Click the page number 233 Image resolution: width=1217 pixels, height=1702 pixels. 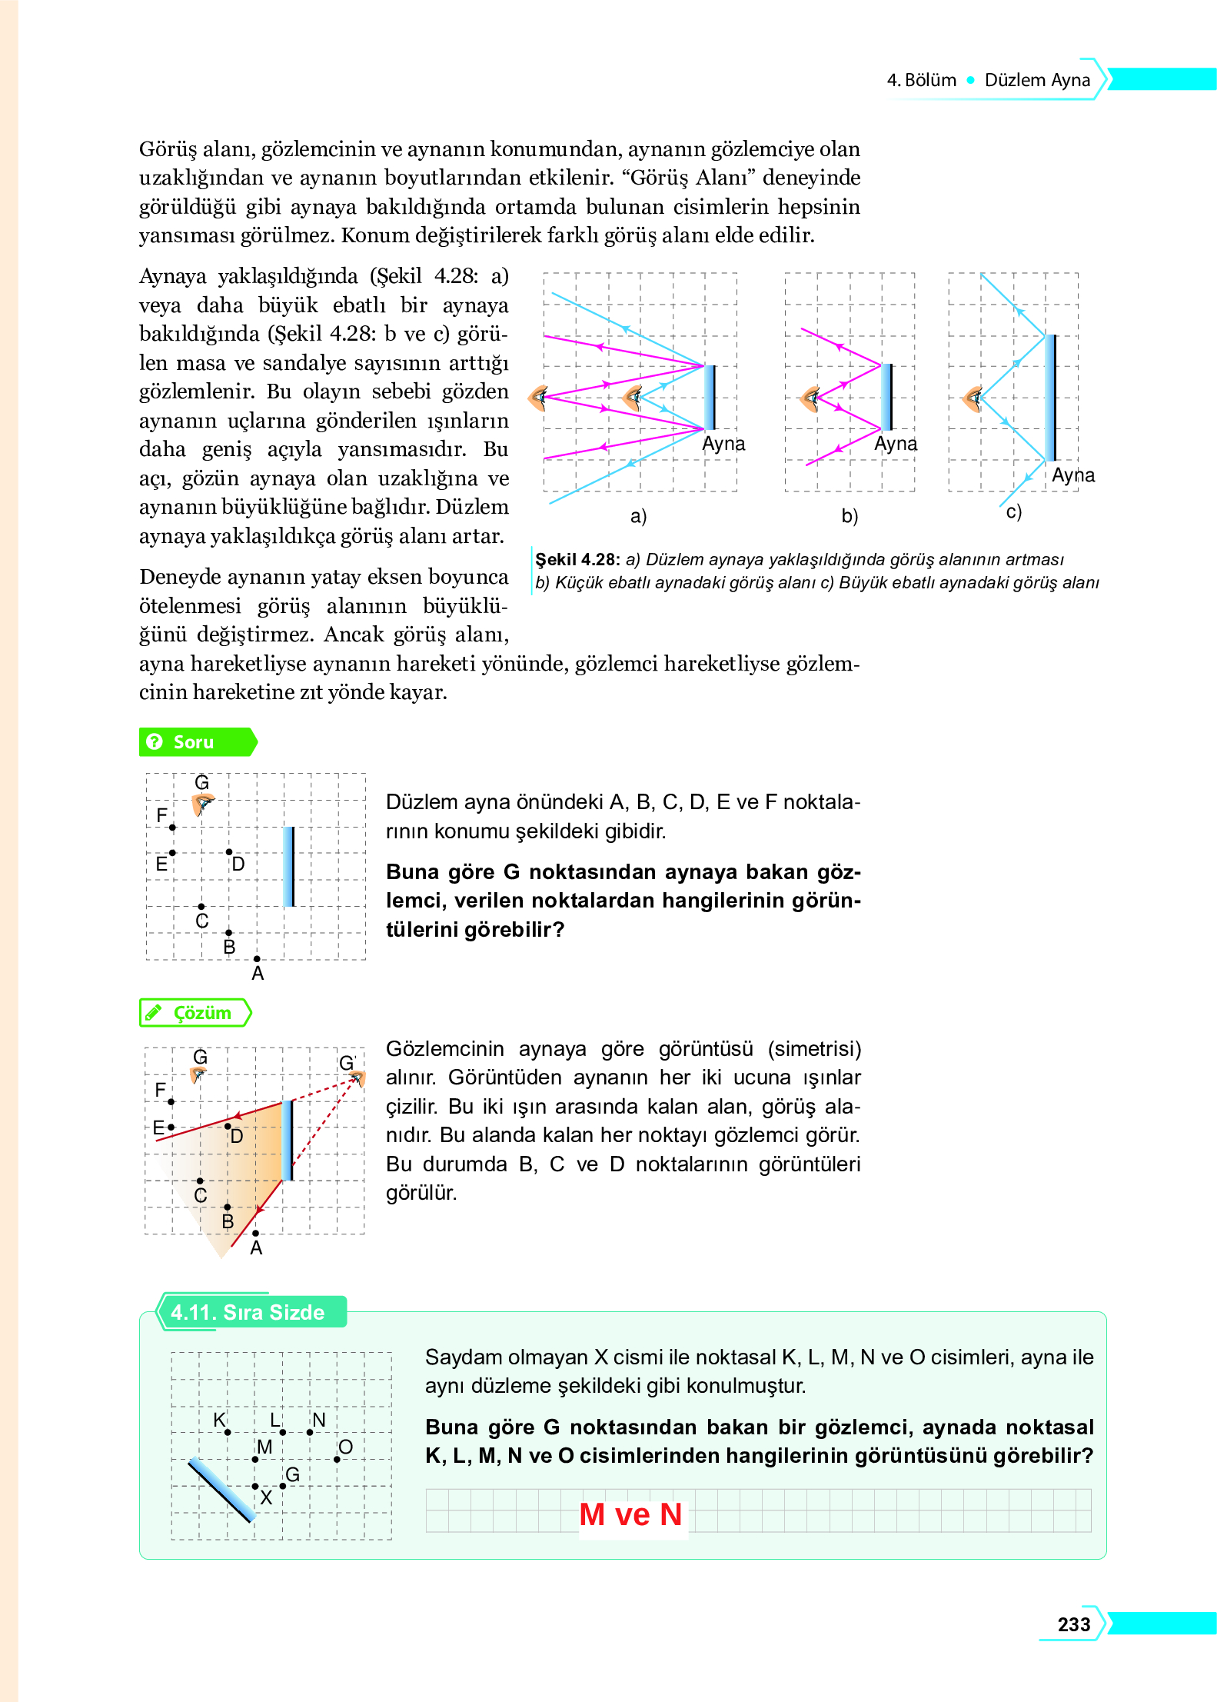point(1073,1624)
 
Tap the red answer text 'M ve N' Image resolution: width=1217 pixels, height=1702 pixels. point(630,1514)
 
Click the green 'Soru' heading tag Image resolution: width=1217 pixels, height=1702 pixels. point(194,742)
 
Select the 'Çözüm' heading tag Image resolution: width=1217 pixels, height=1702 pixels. point(201,1013)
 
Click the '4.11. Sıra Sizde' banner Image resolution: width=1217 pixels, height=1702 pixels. point(248,1312)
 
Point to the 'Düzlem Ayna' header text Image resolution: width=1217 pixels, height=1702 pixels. point(1037,80)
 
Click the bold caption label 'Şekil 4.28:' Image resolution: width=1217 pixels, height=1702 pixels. point(577,559)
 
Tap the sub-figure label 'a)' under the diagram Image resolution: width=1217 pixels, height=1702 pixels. point(638,516)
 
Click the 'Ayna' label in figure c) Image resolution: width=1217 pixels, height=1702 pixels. point(1073,475)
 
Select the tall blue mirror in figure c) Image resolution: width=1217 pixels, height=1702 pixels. point(1050,398)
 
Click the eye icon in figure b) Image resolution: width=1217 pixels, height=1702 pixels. point(810,398)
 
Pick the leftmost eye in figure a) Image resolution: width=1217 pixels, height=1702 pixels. point(538,398)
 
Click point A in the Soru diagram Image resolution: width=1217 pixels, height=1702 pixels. point(257,959)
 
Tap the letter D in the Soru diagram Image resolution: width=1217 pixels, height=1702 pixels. point(238,864)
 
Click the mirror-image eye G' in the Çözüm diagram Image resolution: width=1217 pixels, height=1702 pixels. point(357,1078)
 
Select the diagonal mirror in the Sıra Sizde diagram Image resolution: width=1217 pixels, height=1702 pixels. point(221,1490)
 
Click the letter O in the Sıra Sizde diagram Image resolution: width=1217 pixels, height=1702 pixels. point(345,1447)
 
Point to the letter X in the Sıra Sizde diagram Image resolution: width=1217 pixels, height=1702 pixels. point(266,1497)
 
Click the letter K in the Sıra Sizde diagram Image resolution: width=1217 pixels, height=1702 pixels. point(220,1420)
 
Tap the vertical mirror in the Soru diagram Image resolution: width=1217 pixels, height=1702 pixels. point(289,866)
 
